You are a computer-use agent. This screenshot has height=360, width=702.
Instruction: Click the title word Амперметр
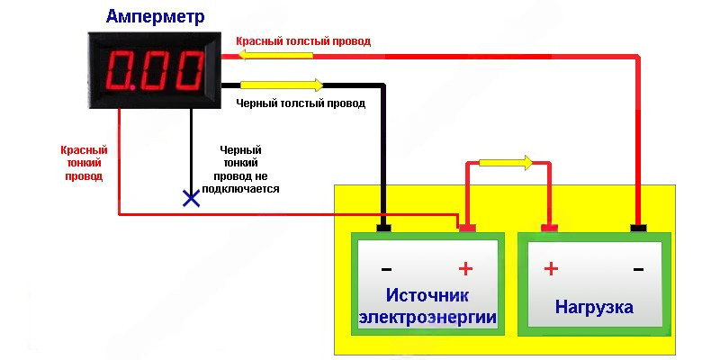155,16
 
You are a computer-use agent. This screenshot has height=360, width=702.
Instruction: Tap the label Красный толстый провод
302,41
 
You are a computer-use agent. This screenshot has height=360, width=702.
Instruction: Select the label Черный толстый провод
301,103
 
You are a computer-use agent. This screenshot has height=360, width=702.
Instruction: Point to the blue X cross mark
191,198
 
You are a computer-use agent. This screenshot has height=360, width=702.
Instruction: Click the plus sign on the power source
465,268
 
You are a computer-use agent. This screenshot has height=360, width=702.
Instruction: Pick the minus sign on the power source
386,268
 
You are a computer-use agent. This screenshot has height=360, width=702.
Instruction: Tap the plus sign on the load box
551,268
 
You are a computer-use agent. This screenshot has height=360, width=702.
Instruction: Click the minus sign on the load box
637,268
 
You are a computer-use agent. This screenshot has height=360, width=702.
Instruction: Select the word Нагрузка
594,307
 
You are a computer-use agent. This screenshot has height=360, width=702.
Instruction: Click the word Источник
427,296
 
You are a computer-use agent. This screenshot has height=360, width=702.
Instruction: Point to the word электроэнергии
427,318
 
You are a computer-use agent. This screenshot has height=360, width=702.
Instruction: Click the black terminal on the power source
384,229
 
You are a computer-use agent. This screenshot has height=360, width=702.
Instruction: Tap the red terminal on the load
548,229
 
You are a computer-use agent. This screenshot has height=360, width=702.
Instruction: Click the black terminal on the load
638,229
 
